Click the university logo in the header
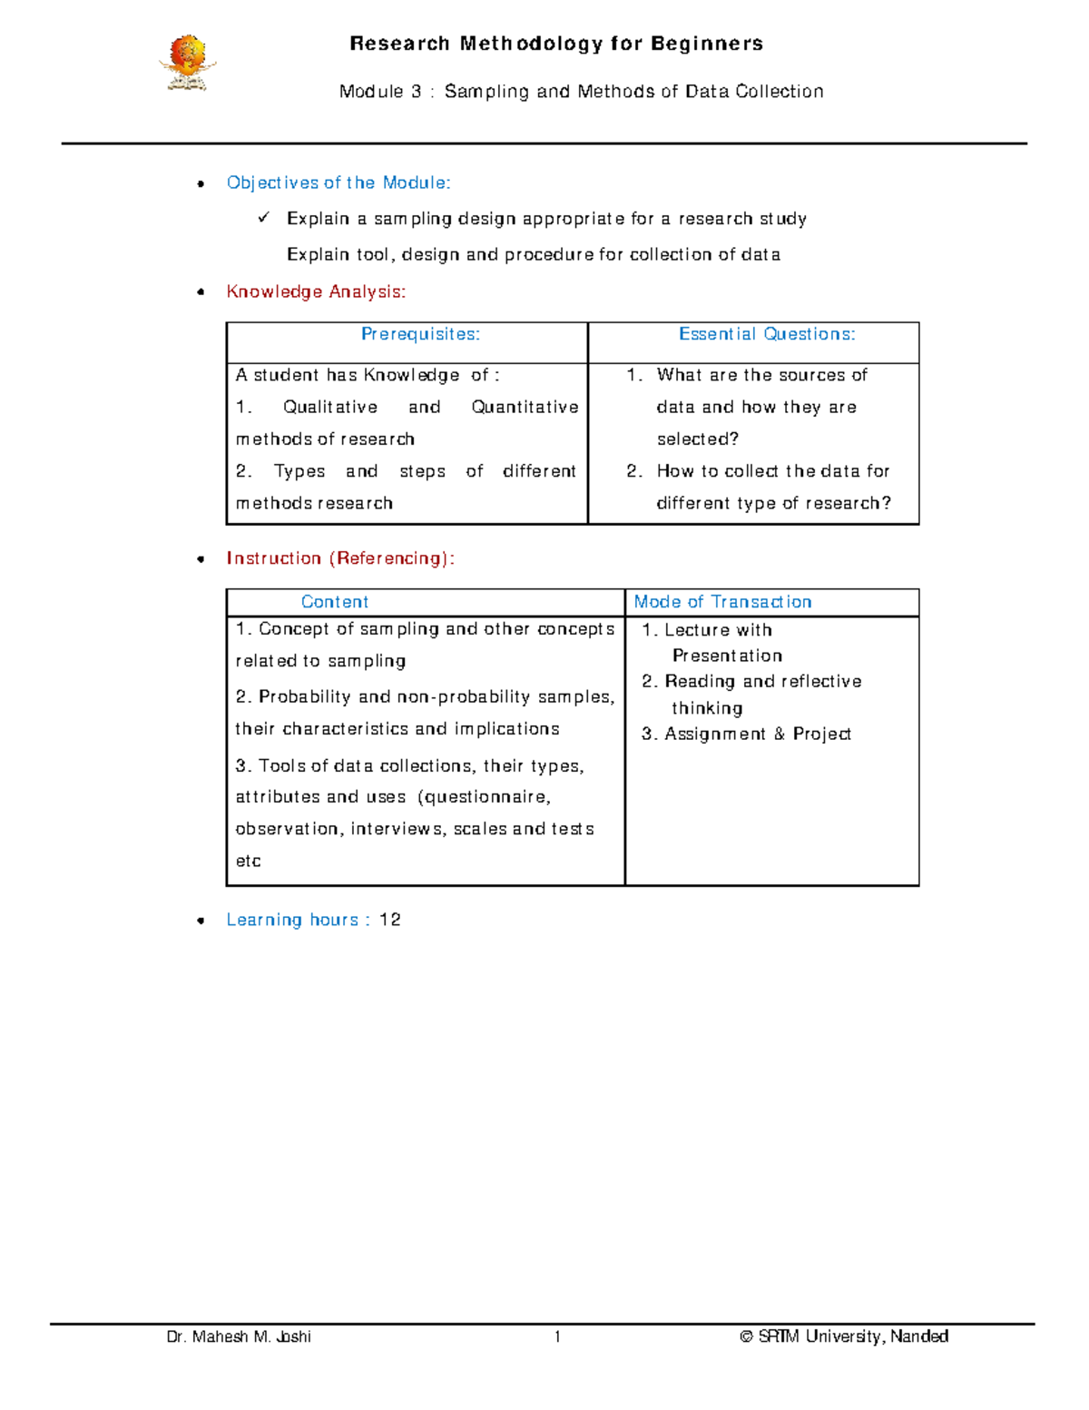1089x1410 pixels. pyautogui.click(x=188, y=63)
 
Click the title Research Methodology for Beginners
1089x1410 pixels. pyautogui.click(x=555, y=44)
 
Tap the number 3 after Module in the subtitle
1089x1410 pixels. pyautogui.click(x=416, y=92)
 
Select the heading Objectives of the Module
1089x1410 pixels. pyautogui.click(x=338, y=182)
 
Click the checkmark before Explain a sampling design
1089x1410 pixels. pyautogui.click(x=264, y=218)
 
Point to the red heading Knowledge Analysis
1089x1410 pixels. pyautogui.click(x=316, y=291)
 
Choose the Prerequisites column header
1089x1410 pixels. pyautogui.click(x=420, y=334)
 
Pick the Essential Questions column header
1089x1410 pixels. pyautogui.click(x=767, y=334)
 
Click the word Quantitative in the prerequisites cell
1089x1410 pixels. pyautogui.click(x=525, y=407)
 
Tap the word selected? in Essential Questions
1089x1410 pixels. pyautogui.click(x=698, y=439)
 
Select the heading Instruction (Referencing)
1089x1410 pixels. pyautogui.click(x=340, y=558)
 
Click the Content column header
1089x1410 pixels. pyautogui.click(x=335, y=602)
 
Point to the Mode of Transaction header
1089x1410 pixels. pyautogui.click(x=722, y=602)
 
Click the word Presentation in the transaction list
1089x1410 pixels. pyautogui.click(x=727, y=656)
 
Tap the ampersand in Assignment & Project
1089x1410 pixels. pyautogui.click(x=780, y=734)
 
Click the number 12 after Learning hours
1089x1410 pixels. pyautogui.click(x=390, y=920)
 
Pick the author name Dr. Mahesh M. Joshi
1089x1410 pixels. pyautogui.click(x=239, y=1336)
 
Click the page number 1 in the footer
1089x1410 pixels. pyautogui.click(x=557, y=1336)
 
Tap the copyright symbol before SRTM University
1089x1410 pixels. pyautogui.click(x=746, y=1336)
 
